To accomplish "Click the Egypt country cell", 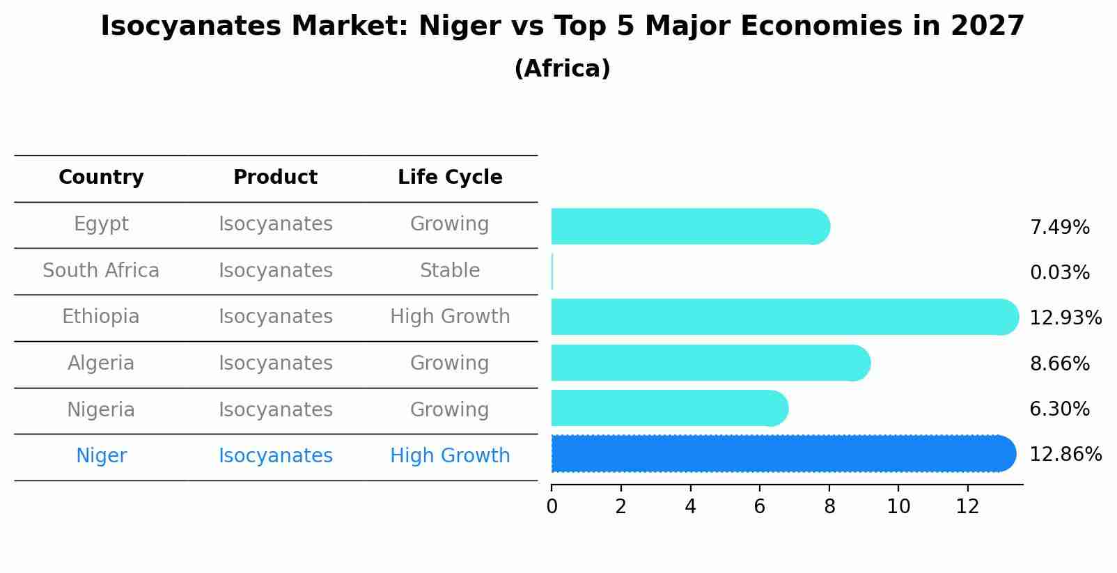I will pos(101,224).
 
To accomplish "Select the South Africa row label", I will pos(101,271).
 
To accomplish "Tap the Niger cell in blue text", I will pos(101,456).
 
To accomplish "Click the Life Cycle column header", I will pos(450,178).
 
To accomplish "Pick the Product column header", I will pos(275,178).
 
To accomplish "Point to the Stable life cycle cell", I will pos(450,271).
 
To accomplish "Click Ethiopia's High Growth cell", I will pos(450,317).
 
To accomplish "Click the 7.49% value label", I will pos(1059,228).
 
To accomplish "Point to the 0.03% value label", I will pos(1059,273).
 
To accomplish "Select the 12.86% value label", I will pos(1065,455).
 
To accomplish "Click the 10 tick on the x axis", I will pos(898,507).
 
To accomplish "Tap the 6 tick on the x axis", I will pos(760,507).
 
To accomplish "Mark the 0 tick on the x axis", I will pos(552,507).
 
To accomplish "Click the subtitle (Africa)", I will pos(562,69).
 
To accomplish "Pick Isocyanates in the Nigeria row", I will pos(275,410).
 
